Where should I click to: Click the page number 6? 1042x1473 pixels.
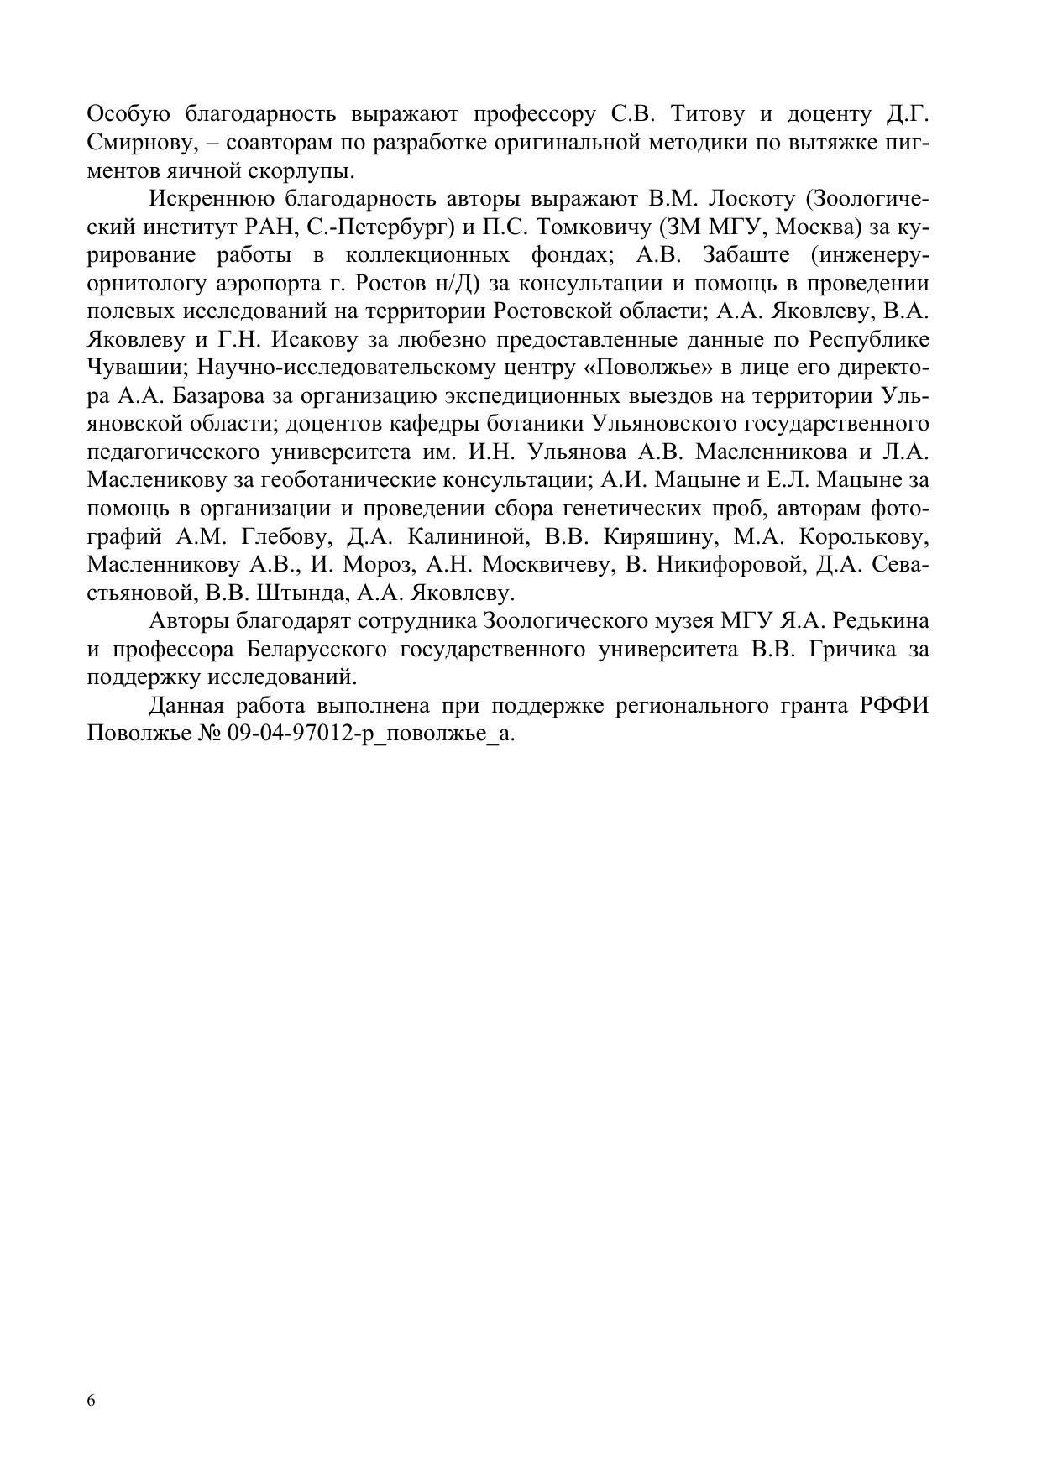(92, 1401)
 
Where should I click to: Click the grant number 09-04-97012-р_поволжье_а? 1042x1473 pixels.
(370, 734)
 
